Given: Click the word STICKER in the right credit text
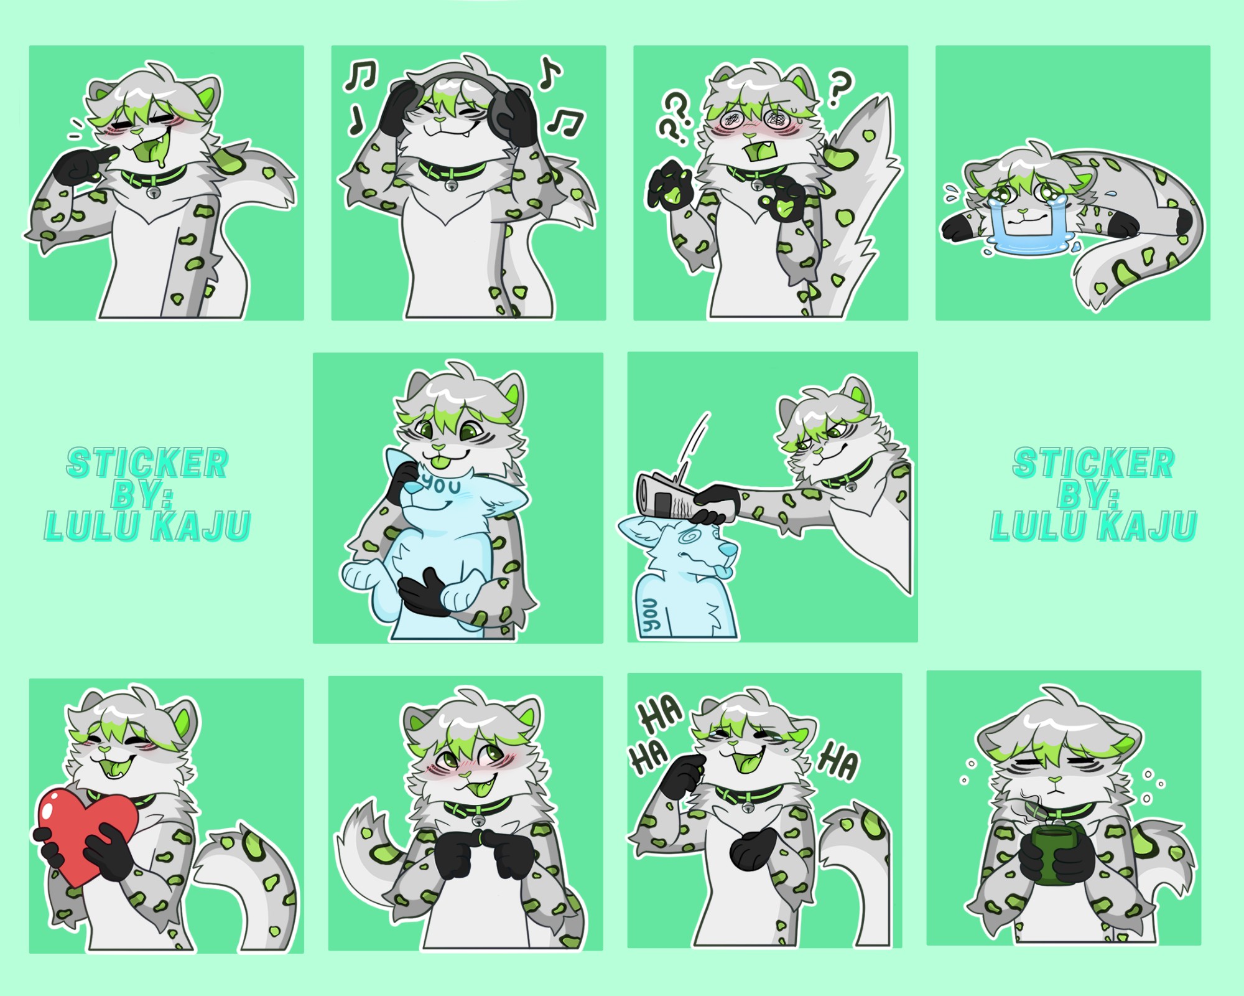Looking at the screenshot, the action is (x=1093, y=463).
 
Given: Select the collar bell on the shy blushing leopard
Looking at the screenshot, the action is (x=478, y=820).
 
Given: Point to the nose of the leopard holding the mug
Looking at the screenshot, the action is (x=1056, y=779).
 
